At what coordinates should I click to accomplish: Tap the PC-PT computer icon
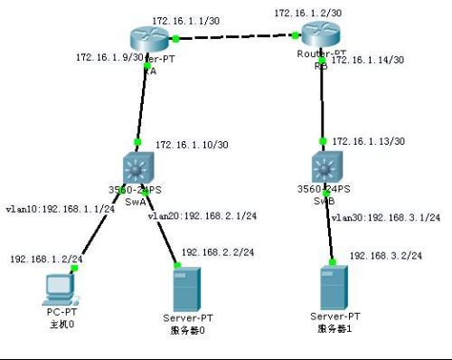[59, 288]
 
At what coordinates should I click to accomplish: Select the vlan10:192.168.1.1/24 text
[60, 208]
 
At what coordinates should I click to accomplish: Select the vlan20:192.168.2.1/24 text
[202, 215]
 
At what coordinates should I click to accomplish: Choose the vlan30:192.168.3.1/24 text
[386, 217]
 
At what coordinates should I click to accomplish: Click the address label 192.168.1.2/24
[47, 259]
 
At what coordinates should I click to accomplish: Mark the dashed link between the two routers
[235, 37]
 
